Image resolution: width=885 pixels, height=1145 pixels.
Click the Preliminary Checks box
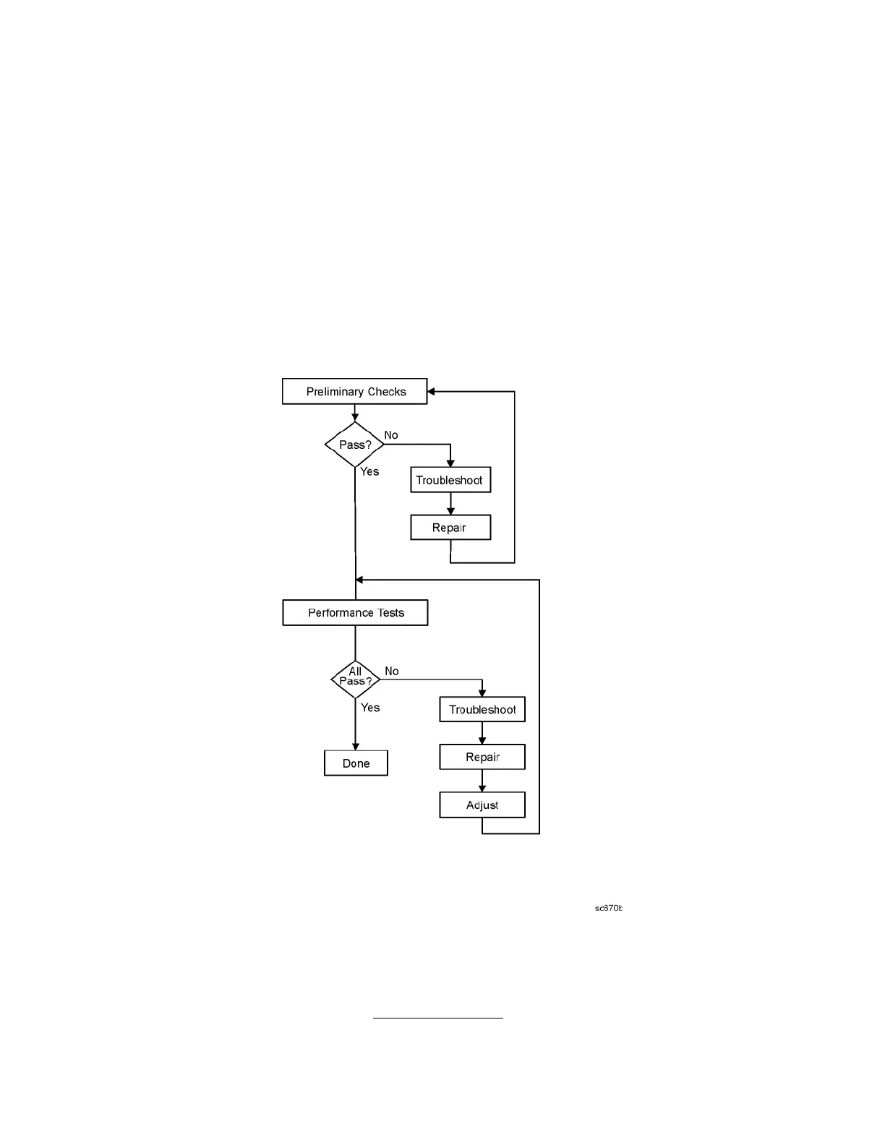354,392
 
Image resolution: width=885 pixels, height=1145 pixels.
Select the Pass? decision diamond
354,445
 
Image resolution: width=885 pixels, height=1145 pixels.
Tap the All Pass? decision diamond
355,679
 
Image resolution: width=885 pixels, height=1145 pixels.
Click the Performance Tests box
355,613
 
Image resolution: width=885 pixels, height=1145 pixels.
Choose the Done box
356,763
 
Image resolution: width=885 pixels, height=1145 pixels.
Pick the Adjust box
482,805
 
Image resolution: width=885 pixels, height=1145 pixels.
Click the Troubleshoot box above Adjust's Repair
482,710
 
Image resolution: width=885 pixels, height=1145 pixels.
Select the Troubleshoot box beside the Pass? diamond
450,480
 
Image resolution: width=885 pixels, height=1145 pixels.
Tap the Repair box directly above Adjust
482,758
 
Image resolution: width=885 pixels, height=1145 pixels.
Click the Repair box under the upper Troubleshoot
450,528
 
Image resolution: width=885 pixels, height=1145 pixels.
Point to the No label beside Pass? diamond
391,435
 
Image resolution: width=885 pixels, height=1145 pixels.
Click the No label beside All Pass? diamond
392,672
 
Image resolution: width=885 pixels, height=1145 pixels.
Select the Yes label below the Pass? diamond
369,471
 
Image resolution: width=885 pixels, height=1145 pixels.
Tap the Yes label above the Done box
370,708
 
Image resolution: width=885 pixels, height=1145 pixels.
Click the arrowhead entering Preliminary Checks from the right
432,392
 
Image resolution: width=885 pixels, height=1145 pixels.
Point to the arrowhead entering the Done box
355,747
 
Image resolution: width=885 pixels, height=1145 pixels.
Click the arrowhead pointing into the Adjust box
482,789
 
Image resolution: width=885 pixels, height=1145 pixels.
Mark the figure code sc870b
608,909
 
